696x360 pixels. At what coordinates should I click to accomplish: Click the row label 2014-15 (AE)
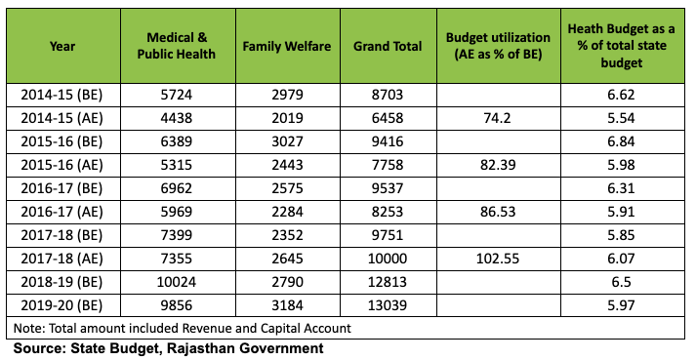[63, 116]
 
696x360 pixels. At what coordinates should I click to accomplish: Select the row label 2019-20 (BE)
[63, 303]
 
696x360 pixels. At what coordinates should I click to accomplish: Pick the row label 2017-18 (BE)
[63, 233]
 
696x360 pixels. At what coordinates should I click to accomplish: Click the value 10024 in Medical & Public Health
[176, 280]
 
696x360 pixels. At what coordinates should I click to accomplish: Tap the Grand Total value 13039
[387, 303]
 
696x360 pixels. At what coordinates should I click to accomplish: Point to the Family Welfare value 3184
[287, 303]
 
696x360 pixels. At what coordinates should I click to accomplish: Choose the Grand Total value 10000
[387, 257]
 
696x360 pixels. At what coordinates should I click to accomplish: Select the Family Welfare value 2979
[287, 93]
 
